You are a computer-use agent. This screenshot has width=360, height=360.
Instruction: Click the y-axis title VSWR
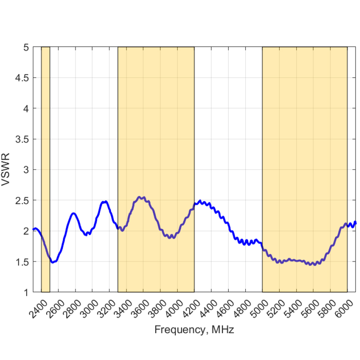pos(6,170)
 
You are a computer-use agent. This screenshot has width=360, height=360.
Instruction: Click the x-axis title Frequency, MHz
pos(194,329)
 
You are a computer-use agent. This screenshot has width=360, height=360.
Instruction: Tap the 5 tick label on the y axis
pos(26,47)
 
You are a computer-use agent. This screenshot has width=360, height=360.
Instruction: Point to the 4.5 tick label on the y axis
pos(22,78)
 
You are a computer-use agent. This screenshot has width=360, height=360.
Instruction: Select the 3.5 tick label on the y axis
pos(22,139)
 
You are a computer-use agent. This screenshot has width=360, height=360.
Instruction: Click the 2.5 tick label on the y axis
pos(22,200)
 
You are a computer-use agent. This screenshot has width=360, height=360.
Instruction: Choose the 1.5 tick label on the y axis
pos(22,261)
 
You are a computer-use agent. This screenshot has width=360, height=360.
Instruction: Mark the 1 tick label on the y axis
pos(26,292)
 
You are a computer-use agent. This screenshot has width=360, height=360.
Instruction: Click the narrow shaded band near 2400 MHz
pos(45,131)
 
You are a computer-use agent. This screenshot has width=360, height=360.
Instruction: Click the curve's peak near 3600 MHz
pos(140,197)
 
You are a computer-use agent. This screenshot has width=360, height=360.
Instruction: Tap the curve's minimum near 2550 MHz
pos(53,262)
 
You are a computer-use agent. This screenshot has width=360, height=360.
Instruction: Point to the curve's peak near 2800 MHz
pos(74,214)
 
